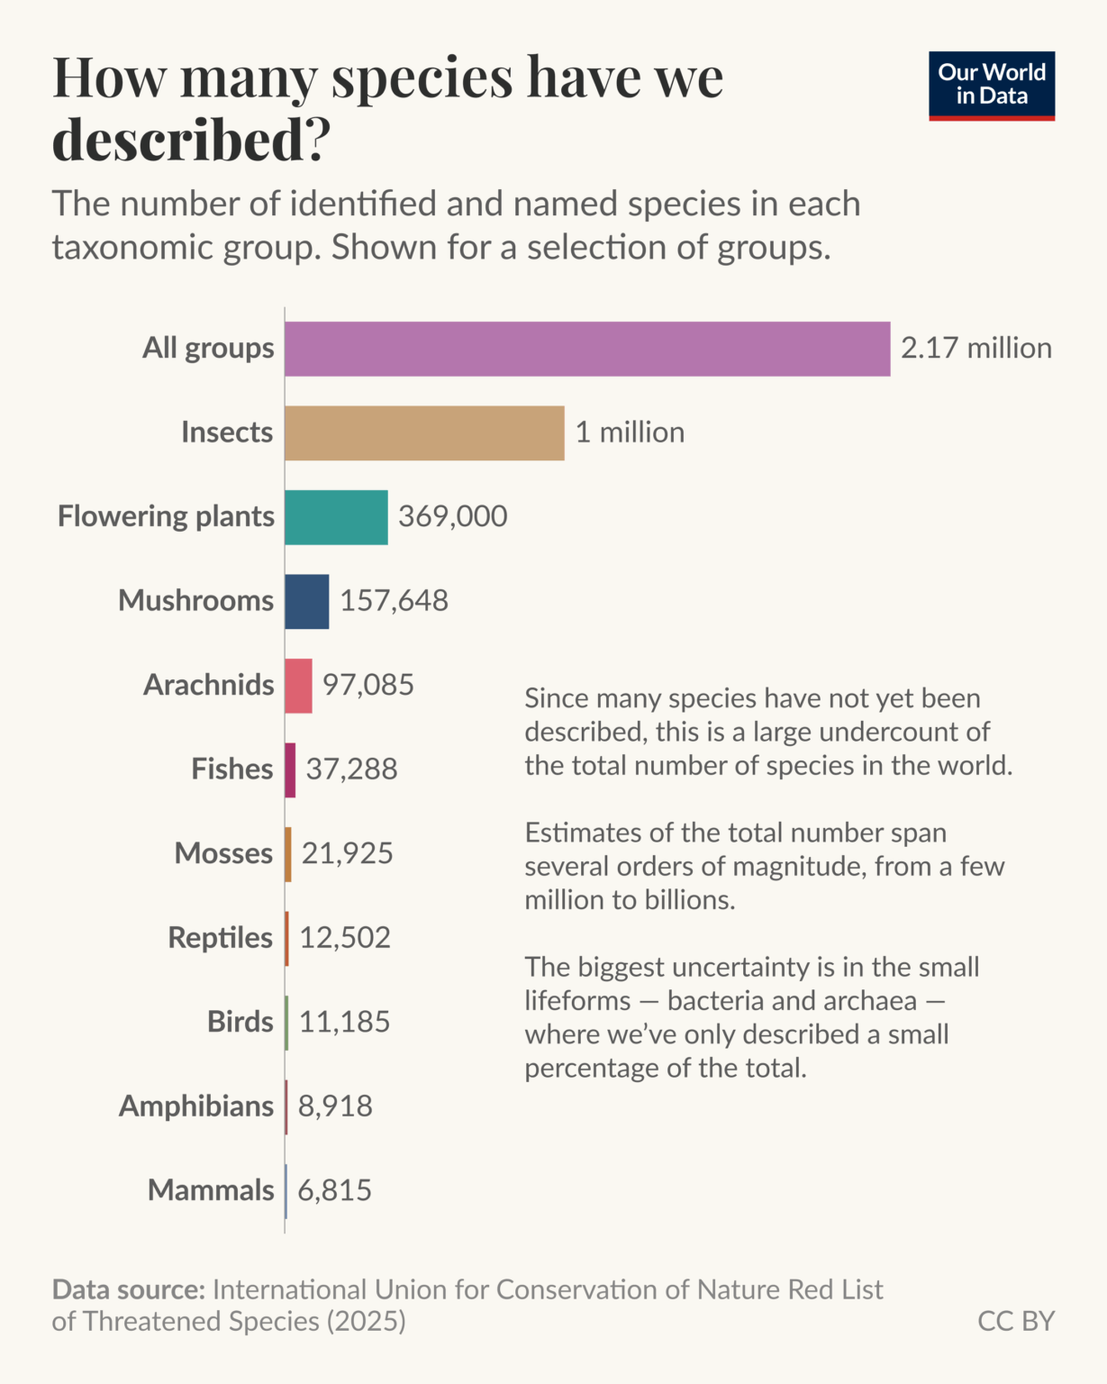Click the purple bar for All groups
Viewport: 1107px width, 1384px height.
587,349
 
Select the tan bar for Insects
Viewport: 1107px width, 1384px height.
424,432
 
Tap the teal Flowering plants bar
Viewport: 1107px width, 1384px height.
336,517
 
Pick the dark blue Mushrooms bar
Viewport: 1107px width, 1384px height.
306,601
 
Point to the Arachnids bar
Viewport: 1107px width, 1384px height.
298,686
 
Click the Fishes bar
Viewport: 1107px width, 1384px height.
290,769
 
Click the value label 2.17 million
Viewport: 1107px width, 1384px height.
975,348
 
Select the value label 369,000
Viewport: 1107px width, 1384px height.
452,516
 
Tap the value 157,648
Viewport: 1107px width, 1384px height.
394,600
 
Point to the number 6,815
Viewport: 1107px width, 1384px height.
334,1190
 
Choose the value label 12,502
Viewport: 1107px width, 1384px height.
345,938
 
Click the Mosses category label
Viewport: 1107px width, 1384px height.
223,853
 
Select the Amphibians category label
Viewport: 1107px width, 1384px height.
196,1106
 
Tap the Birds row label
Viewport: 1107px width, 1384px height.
240,1022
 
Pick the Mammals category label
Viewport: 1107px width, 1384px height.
211,1190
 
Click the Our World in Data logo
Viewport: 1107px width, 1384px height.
991,86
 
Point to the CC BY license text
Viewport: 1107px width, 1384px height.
1015,1321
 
